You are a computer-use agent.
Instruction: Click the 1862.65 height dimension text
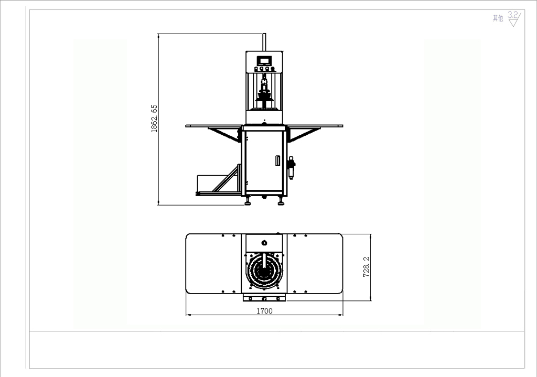(x=154, y=119)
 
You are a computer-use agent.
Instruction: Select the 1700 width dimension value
(x=264, y=311)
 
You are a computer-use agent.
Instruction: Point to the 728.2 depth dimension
(x=366, y=267)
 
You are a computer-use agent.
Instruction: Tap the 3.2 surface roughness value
(x=513, y=15)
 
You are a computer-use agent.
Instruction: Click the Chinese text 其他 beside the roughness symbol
(x=498, y=18)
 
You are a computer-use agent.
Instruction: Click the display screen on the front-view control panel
(x=264, y=61)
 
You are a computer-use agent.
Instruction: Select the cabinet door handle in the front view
(x=278, y=160)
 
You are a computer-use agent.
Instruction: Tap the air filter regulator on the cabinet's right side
(x=292, y=168)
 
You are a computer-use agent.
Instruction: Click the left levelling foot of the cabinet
(x=248, y=201)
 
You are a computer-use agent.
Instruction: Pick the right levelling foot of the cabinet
(x=281, y=201)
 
